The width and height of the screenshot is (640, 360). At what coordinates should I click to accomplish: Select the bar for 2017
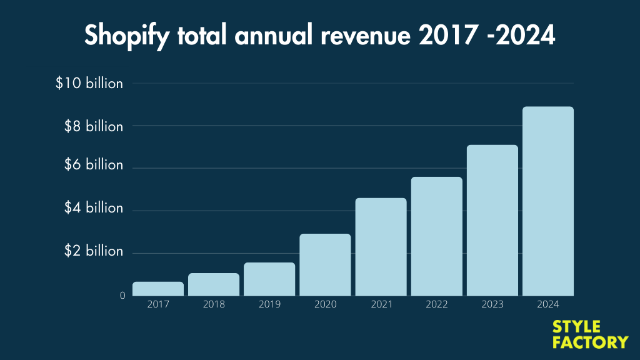(x=158, y=289)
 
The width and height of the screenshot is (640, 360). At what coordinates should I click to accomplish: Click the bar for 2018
(x=214, y=284)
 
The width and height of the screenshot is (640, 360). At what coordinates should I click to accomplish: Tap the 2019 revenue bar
(x=269, y=279)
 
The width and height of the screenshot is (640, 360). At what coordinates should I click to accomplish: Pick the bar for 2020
(x=325, y=264)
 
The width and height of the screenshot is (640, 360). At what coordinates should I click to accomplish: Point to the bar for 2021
(x=381, y=247)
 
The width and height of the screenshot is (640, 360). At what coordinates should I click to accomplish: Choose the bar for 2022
(x=436, y=236)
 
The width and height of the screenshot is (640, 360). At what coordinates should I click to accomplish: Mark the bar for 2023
(x=492, y=220)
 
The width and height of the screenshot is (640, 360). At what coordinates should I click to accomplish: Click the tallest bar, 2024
(x=548, y=201)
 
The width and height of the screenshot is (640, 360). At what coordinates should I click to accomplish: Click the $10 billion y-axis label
(x=89, y=83)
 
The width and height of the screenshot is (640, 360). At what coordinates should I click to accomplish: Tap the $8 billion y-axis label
(x=93, y=126)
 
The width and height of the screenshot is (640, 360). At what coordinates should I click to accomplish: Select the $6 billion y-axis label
(x=93, y=165)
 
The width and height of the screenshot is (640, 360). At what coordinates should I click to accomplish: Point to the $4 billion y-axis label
(x=93, y=207)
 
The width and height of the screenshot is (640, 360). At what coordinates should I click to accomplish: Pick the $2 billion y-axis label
(x=93, y=251)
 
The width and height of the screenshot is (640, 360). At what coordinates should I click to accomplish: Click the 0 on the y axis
(x=122, y=295)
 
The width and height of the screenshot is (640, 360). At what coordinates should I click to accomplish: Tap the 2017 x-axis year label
(x=158, y=304)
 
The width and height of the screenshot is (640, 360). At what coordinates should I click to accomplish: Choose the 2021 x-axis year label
(x=381, y=304)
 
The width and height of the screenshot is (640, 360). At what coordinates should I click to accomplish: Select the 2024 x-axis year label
(x=548, y=304)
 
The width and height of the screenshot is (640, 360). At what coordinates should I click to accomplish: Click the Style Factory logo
(x=590, y=334)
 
